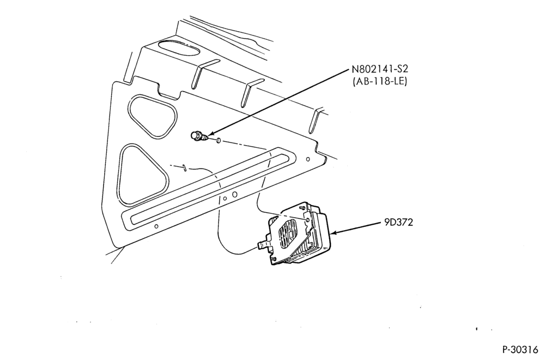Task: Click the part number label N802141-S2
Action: pos(380,69)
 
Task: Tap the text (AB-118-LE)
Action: pos(380,82)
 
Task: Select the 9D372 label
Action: pos(398,222)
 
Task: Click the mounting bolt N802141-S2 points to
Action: pos(199,136)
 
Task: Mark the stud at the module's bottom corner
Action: pos(275,259)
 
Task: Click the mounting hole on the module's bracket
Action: pos(307,220)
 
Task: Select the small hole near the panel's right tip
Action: pos(307,159)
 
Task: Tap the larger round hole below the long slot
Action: pos(234,194)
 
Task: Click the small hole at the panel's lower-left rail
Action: pos(156,226)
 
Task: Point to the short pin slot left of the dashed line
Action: pos(185,167)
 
